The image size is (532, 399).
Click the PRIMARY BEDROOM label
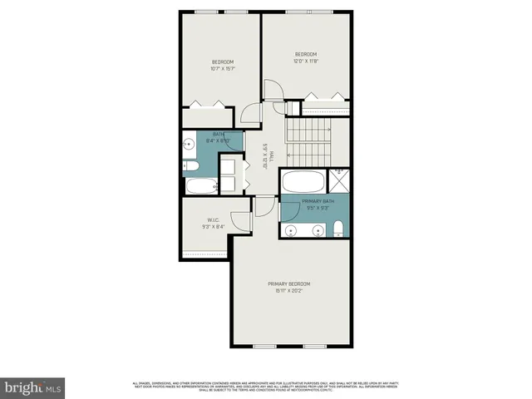[x=289, y=284]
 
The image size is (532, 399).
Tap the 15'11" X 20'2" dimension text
[x=289, y=292]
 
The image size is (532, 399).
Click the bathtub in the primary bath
[x=304, y=181]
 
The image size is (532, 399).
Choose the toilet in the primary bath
[x=337, y=229]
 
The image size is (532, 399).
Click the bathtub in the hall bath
[x=199, y=185]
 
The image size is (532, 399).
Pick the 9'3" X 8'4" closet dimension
[x=213, y=227]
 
